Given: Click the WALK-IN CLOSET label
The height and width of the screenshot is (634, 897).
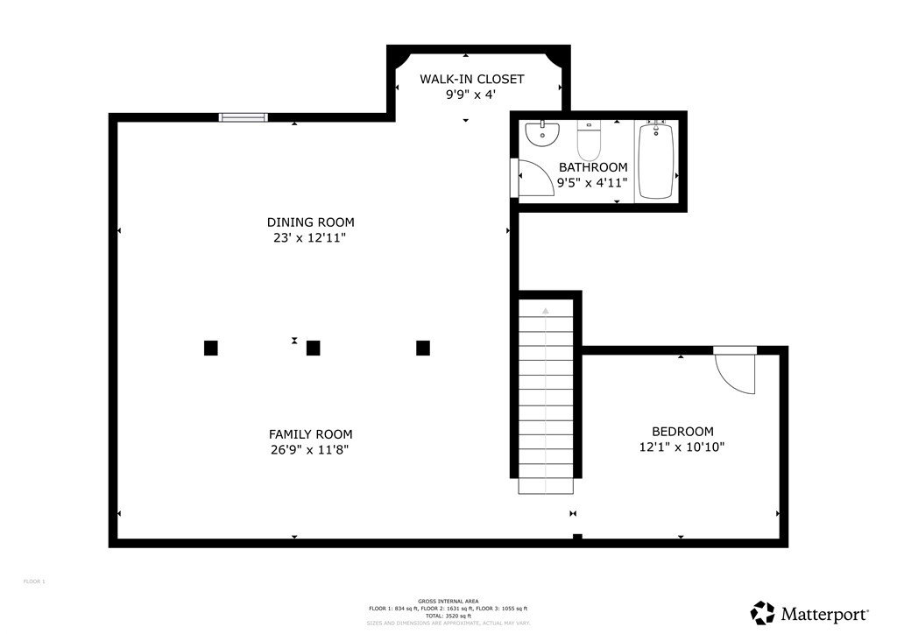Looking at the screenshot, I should (x=471, y=79).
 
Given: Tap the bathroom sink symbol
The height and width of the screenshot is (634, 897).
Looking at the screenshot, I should (x=542, y=134).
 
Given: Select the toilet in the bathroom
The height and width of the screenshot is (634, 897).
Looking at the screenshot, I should (x=589, y=138).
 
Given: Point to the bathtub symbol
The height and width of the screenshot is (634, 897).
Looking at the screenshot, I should (x=656, y=161).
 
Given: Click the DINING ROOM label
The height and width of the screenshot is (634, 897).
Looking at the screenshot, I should (x=311, y=222).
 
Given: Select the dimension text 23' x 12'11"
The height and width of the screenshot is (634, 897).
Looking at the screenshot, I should (x=311, y=237).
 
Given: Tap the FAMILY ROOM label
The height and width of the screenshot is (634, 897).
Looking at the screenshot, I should (x=311, y=434).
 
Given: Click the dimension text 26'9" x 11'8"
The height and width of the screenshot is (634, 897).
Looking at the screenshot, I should (x=311, y=449).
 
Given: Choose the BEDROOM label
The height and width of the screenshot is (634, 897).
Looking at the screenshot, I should (x=682, y=432).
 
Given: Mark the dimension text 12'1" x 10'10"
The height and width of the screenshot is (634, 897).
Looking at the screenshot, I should (x=682, y=447).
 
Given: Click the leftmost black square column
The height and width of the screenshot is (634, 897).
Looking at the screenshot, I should (x=210, y=348).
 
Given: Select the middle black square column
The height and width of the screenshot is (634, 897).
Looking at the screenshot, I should (x=313, y=348).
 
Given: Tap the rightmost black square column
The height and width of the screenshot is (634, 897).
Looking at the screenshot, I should (x=423, y=348).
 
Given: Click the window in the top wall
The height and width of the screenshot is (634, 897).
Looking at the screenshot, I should (x=242, y=116).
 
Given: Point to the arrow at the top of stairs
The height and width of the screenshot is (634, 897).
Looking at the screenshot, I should (x=545, y=310).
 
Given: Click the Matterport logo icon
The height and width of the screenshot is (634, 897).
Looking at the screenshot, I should (x=763, y=613).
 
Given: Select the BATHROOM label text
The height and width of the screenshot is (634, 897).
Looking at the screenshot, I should (x=593, y=167).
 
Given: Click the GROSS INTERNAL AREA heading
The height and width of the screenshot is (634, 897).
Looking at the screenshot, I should (x=448, y=602).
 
